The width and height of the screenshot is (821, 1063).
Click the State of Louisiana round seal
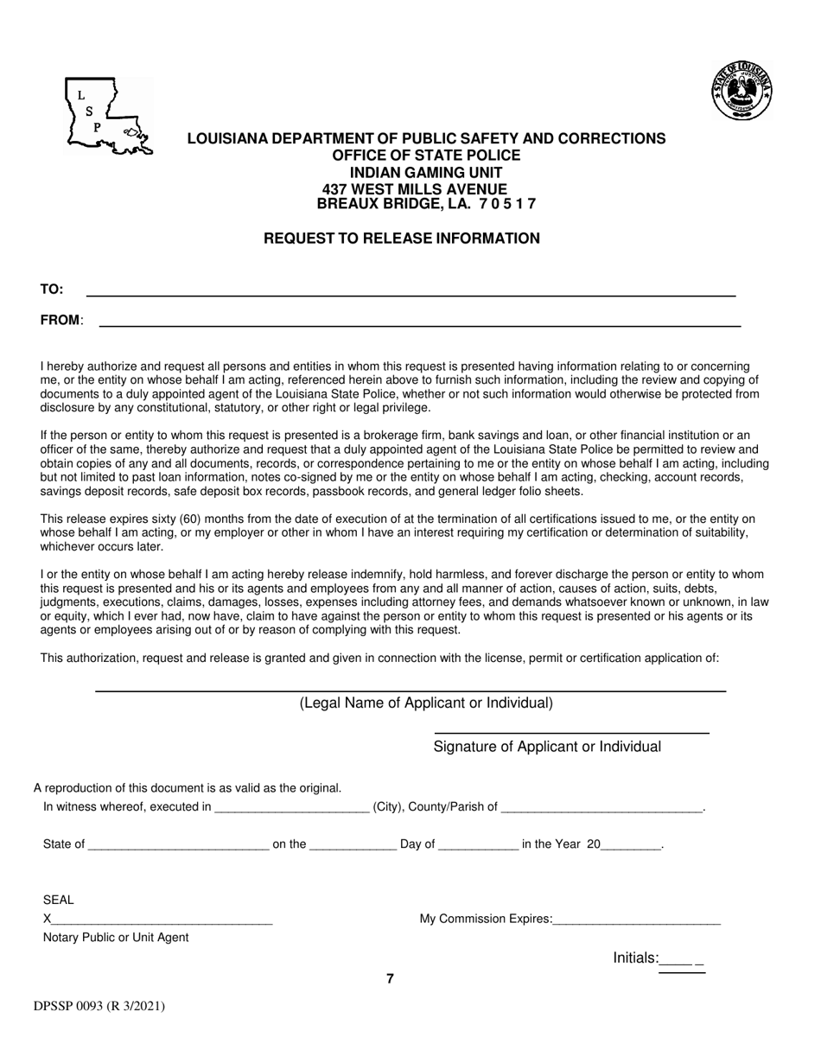tap(741, 91)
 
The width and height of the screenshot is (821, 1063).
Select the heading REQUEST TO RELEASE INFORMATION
tap(402, 239)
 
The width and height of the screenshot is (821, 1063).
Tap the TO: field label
tap(52, 290)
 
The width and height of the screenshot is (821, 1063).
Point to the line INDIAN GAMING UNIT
tap(426, 172)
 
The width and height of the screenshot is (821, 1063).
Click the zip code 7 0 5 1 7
tap(502, 204)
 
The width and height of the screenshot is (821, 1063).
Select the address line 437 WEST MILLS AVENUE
tap(414, 188)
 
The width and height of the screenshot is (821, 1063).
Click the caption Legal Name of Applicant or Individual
tap(426, 703)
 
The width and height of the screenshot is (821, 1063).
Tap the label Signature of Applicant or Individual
tap(547, 747)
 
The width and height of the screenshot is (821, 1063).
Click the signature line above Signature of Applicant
tap(570, 732)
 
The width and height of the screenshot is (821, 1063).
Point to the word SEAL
tap(58, 900)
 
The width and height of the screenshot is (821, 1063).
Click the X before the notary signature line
tap(47, 919)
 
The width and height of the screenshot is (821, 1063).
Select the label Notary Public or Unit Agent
tap(116, 937)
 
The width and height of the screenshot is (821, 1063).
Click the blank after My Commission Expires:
tap(636, 920)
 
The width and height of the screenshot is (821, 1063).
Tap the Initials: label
tap(636, 958)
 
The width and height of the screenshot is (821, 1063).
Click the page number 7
tap(390, 978)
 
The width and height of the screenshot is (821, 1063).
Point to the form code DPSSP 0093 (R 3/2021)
tap(99, 1006)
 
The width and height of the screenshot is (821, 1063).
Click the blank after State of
tap(178, 845)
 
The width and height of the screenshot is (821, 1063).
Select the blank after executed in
tap(291, 808)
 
